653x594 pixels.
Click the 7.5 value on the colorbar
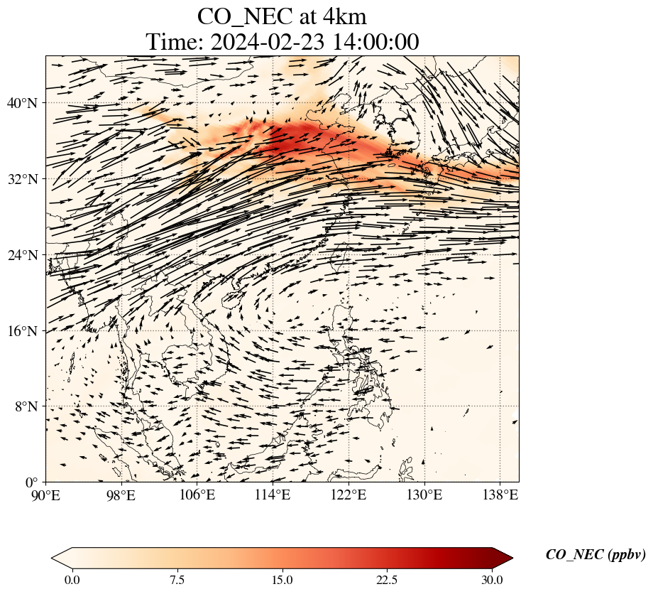click(177, 580)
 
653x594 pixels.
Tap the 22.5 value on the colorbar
click(387, 580)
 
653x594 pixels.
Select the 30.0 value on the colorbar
click(492, 580)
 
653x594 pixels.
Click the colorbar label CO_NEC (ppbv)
click(596, 556)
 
